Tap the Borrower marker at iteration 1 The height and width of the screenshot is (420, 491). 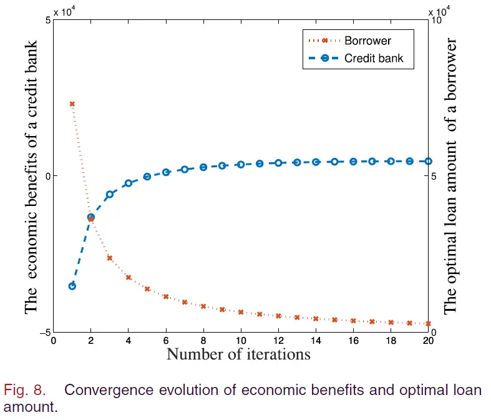[x=72, y=104]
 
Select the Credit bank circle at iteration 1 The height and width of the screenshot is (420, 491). [x=72, y=286]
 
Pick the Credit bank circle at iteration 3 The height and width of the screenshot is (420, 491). [x=109, y=194]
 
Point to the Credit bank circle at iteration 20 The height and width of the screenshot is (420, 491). [x=428, y=161]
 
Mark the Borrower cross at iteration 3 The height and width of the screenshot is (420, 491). [x=109, y=258]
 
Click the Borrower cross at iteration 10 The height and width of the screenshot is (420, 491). [x=241, y=311]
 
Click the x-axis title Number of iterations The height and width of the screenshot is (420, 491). [x=238, y=354]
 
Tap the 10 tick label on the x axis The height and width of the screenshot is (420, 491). [x=241, y=341]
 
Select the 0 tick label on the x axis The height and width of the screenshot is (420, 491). [x=53, y=341]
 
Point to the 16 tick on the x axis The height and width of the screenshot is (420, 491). [x=353, y=341]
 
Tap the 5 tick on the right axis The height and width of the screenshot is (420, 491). [x=434, y=176]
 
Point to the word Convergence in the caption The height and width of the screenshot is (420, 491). [x=105, y=391]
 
